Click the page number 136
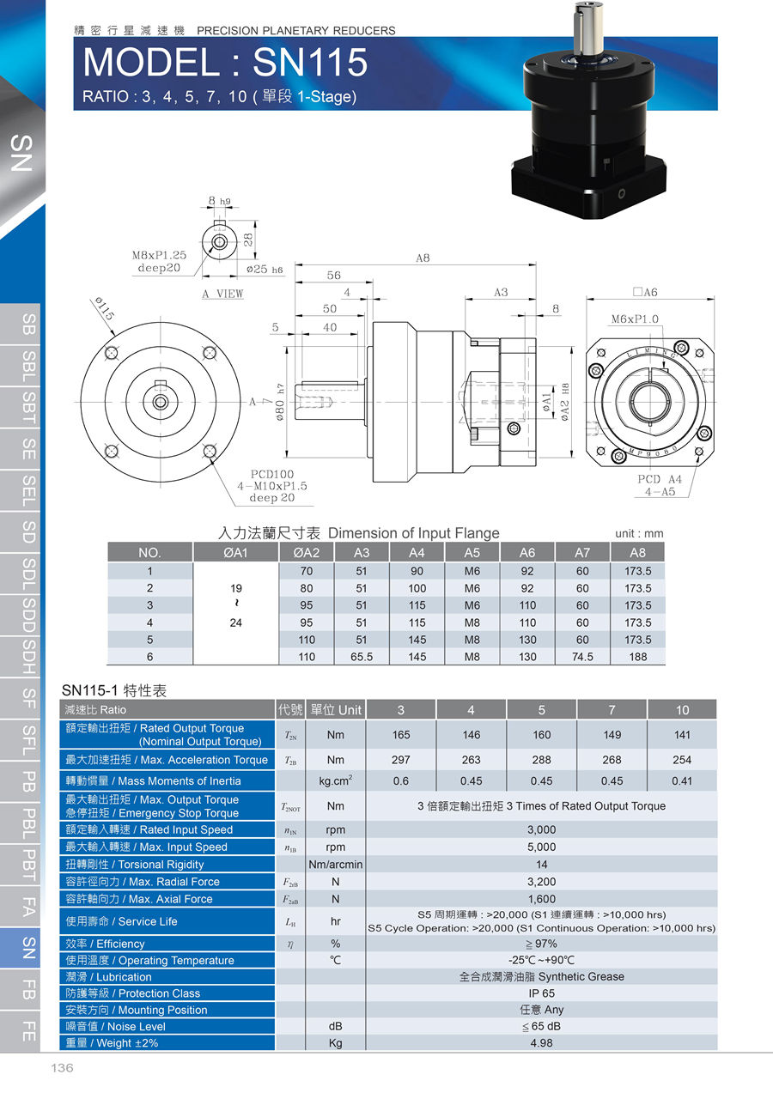(63, 1068)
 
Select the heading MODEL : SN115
(225, 63)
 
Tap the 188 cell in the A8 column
(637, 657)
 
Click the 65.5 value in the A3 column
(361, 657)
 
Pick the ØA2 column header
(306, 552)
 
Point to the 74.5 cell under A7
(582, 657)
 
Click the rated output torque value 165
(401, 735)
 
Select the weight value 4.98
(541, 1043)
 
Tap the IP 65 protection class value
(541, 993)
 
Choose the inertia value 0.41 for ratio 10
(682, 781)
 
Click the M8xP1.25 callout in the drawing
(159, 255)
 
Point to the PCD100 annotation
(272, 473)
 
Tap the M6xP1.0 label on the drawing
(635, 319)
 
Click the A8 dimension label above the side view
(423, 258)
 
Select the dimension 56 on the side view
(333, 276)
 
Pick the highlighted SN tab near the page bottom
(28, 947)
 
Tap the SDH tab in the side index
(28, 657)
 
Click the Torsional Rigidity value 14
(541, 865)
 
